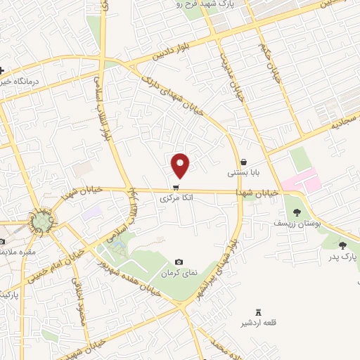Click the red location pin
point(181,165)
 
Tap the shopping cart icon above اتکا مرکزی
point(174,187)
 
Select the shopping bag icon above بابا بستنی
point(243,161)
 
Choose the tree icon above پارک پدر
point(342,245)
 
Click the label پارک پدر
point(344,257)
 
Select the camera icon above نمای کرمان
point(179,262)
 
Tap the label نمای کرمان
point(177,273)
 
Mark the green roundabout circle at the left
point(41,222)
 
